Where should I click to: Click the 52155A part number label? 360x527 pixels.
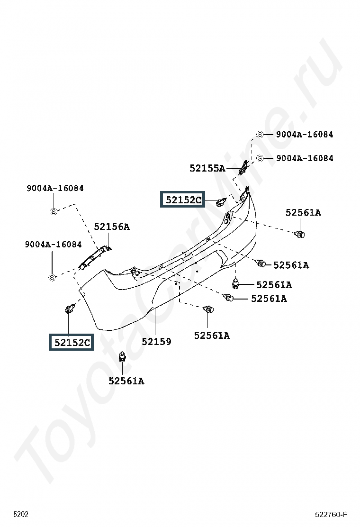point(207,168)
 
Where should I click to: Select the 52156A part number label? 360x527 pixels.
point(111,227)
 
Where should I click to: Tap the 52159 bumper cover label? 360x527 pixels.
point(156,342)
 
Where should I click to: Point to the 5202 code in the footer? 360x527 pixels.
point(21,514)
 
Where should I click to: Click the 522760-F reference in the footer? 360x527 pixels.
point(331,514)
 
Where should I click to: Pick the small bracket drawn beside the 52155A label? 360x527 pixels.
point(243,168)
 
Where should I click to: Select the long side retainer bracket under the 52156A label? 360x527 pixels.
point(95,258)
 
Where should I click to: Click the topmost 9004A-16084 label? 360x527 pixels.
point(305,135)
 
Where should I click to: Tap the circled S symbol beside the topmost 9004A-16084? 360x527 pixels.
point(260,135)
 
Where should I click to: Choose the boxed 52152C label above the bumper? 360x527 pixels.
point(183,200)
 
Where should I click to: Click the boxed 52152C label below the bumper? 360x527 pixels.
point(71,342)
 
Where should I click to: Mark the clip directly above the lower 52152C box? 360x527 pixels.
point(70,308)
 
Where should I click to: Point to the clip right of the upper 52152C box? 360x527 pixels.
point(221,202)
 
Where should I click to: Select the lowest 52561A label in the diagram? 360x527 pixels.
point(126,381)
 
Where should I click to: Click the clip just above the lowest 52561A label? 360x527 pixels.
point(122,356)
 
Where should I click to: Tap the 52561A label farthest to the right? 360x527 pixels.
point(303,212)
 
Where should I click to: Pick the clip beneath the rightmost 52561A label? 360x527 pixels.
point(299,234)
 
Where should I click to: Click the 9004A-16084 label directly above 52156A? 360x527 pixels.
point(55,188)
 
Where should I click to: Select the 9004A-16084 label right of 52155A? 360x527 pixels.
point(305,158)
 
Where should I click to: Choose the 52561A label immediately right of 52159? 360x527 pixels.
point(212,336)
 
